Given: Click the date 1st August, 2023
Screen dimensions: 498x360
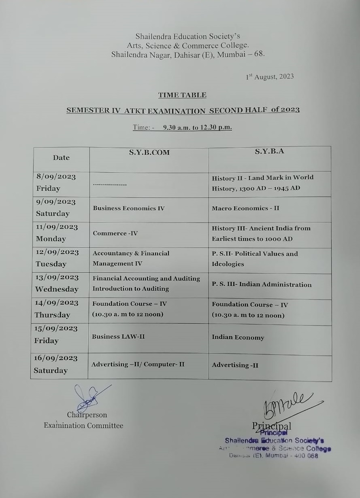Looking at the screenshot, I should [x=270, y=76].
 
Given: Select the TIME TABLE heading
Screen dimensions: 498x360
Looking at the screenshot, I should [x=182, y=95].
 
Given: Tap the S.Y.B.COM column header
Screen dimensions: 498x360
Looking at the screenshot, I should [x=149, y=153].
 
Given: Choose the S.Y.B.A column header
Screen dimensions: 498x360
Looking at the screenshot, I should [x=269, y=151].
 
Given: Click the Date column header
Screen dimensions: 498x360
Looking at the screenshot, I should [x=61, y=158].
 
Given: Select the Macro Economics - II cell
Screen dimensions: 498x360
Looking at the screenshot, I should [x=245, y=208].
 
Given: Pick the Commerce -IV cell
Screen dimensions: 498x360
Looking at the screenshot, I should [x=115, y=233].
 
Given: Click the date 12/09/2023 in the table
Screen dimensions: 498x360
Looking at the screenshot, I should [x=57, y=252].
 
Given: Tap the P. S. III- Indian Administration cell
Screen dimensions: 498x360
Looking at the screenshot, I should [x=262, y=284].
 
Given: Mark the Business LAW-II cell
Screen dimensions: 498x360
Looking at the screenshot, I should [x=118, y=337].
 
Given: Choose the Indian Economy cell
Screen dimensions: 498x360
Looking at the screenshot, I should [x=238, y=337].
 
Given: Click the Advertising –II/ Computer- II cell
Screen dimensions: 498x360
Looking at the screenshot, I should [x=138, y=364].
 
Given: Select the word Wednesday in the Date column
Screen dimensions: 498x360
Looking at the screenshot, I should [x=57, y=289].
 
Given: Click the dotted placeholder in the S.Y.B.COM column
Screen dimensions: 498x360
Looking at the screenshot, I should [x=110, y=184].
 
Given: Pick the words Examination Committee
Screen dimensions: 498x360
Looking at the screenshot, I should [x=83, y=426].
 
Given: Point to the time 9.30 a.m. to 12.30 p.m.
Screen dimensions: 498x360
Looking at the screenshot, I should [x=198, y=127].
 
